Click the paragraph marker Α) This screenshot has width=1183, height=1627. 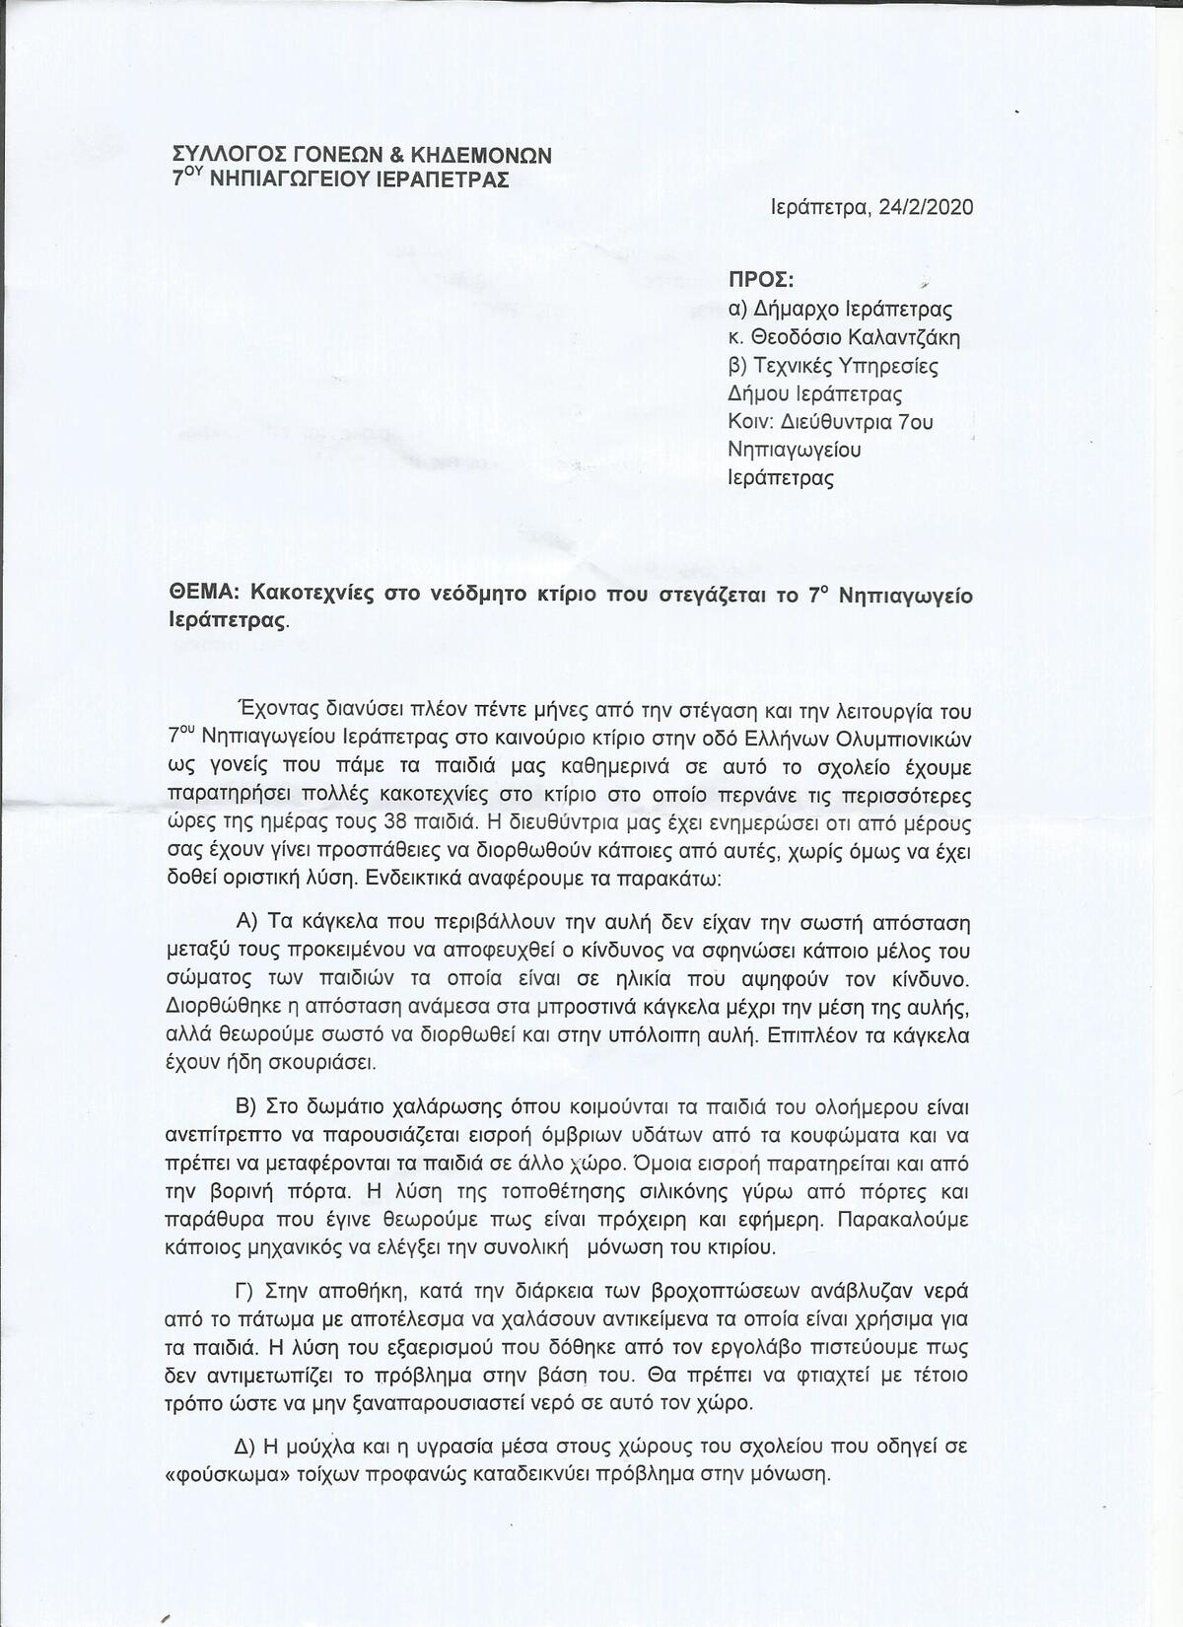click(246, 923)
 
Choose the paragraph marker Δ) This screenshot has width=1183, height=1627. click(245, 1448)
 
